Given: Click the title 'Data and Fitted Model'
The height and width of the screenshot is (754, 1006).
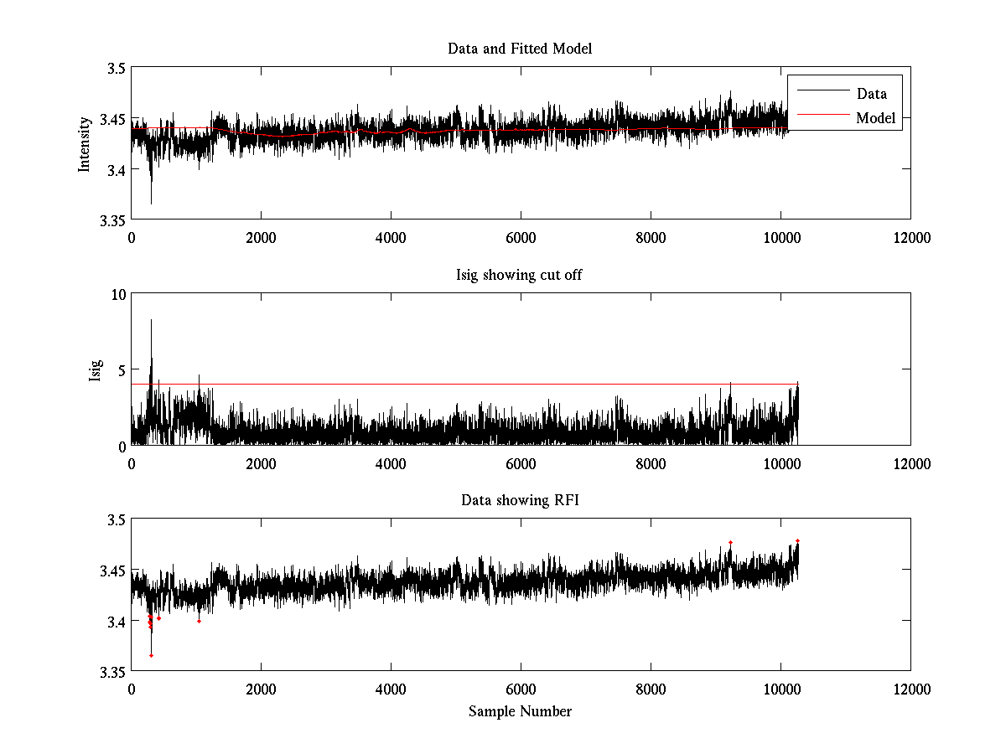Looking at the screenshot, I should pos(520,49).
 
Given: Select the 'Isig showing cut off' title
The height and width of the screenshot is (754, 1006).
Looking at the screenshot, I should pos(520,275).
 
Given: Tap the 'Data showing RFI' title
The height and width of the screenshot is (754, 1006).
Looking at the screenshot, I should pos(520,501).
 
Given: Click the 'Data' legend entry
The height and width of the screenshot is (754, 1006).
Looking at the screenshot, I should pos(871,94).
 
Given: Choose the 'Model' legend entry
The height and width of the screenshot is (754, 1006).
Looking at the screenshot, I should pos(875,118).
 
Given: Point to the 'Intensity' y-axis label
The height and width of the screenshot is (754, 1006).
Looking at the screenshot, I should pos(84,144).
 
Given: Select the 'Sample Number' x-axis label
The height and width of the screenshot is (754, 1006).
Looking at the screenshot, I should pos(520,711).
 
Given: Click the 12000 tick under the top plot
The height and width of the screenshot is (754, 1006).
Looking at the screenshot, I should pos(910,237).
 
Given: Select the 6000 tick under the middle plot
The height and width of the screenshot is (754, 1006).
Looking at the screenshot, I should pos(521,463).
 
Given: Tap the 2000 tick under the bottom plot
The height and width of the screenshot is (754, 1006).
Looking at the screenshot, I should pos(261,689).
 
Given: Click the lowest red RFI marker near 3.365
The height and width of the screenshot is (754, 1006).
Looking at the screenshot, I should pos(151,655).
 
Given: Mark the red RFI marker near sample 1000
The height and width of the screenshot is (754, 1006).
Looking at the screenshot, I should pos(199,621).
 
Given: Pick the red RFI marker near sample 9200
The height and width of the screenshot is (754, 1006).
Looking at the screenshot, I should pos(730,542).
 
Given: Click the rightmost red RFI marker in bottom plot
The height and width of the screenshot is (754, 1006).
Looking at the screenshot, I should pos(797,540).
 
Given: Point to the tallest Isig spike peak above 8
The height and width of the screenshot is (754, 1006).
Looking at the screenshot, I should pos(151,320).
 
